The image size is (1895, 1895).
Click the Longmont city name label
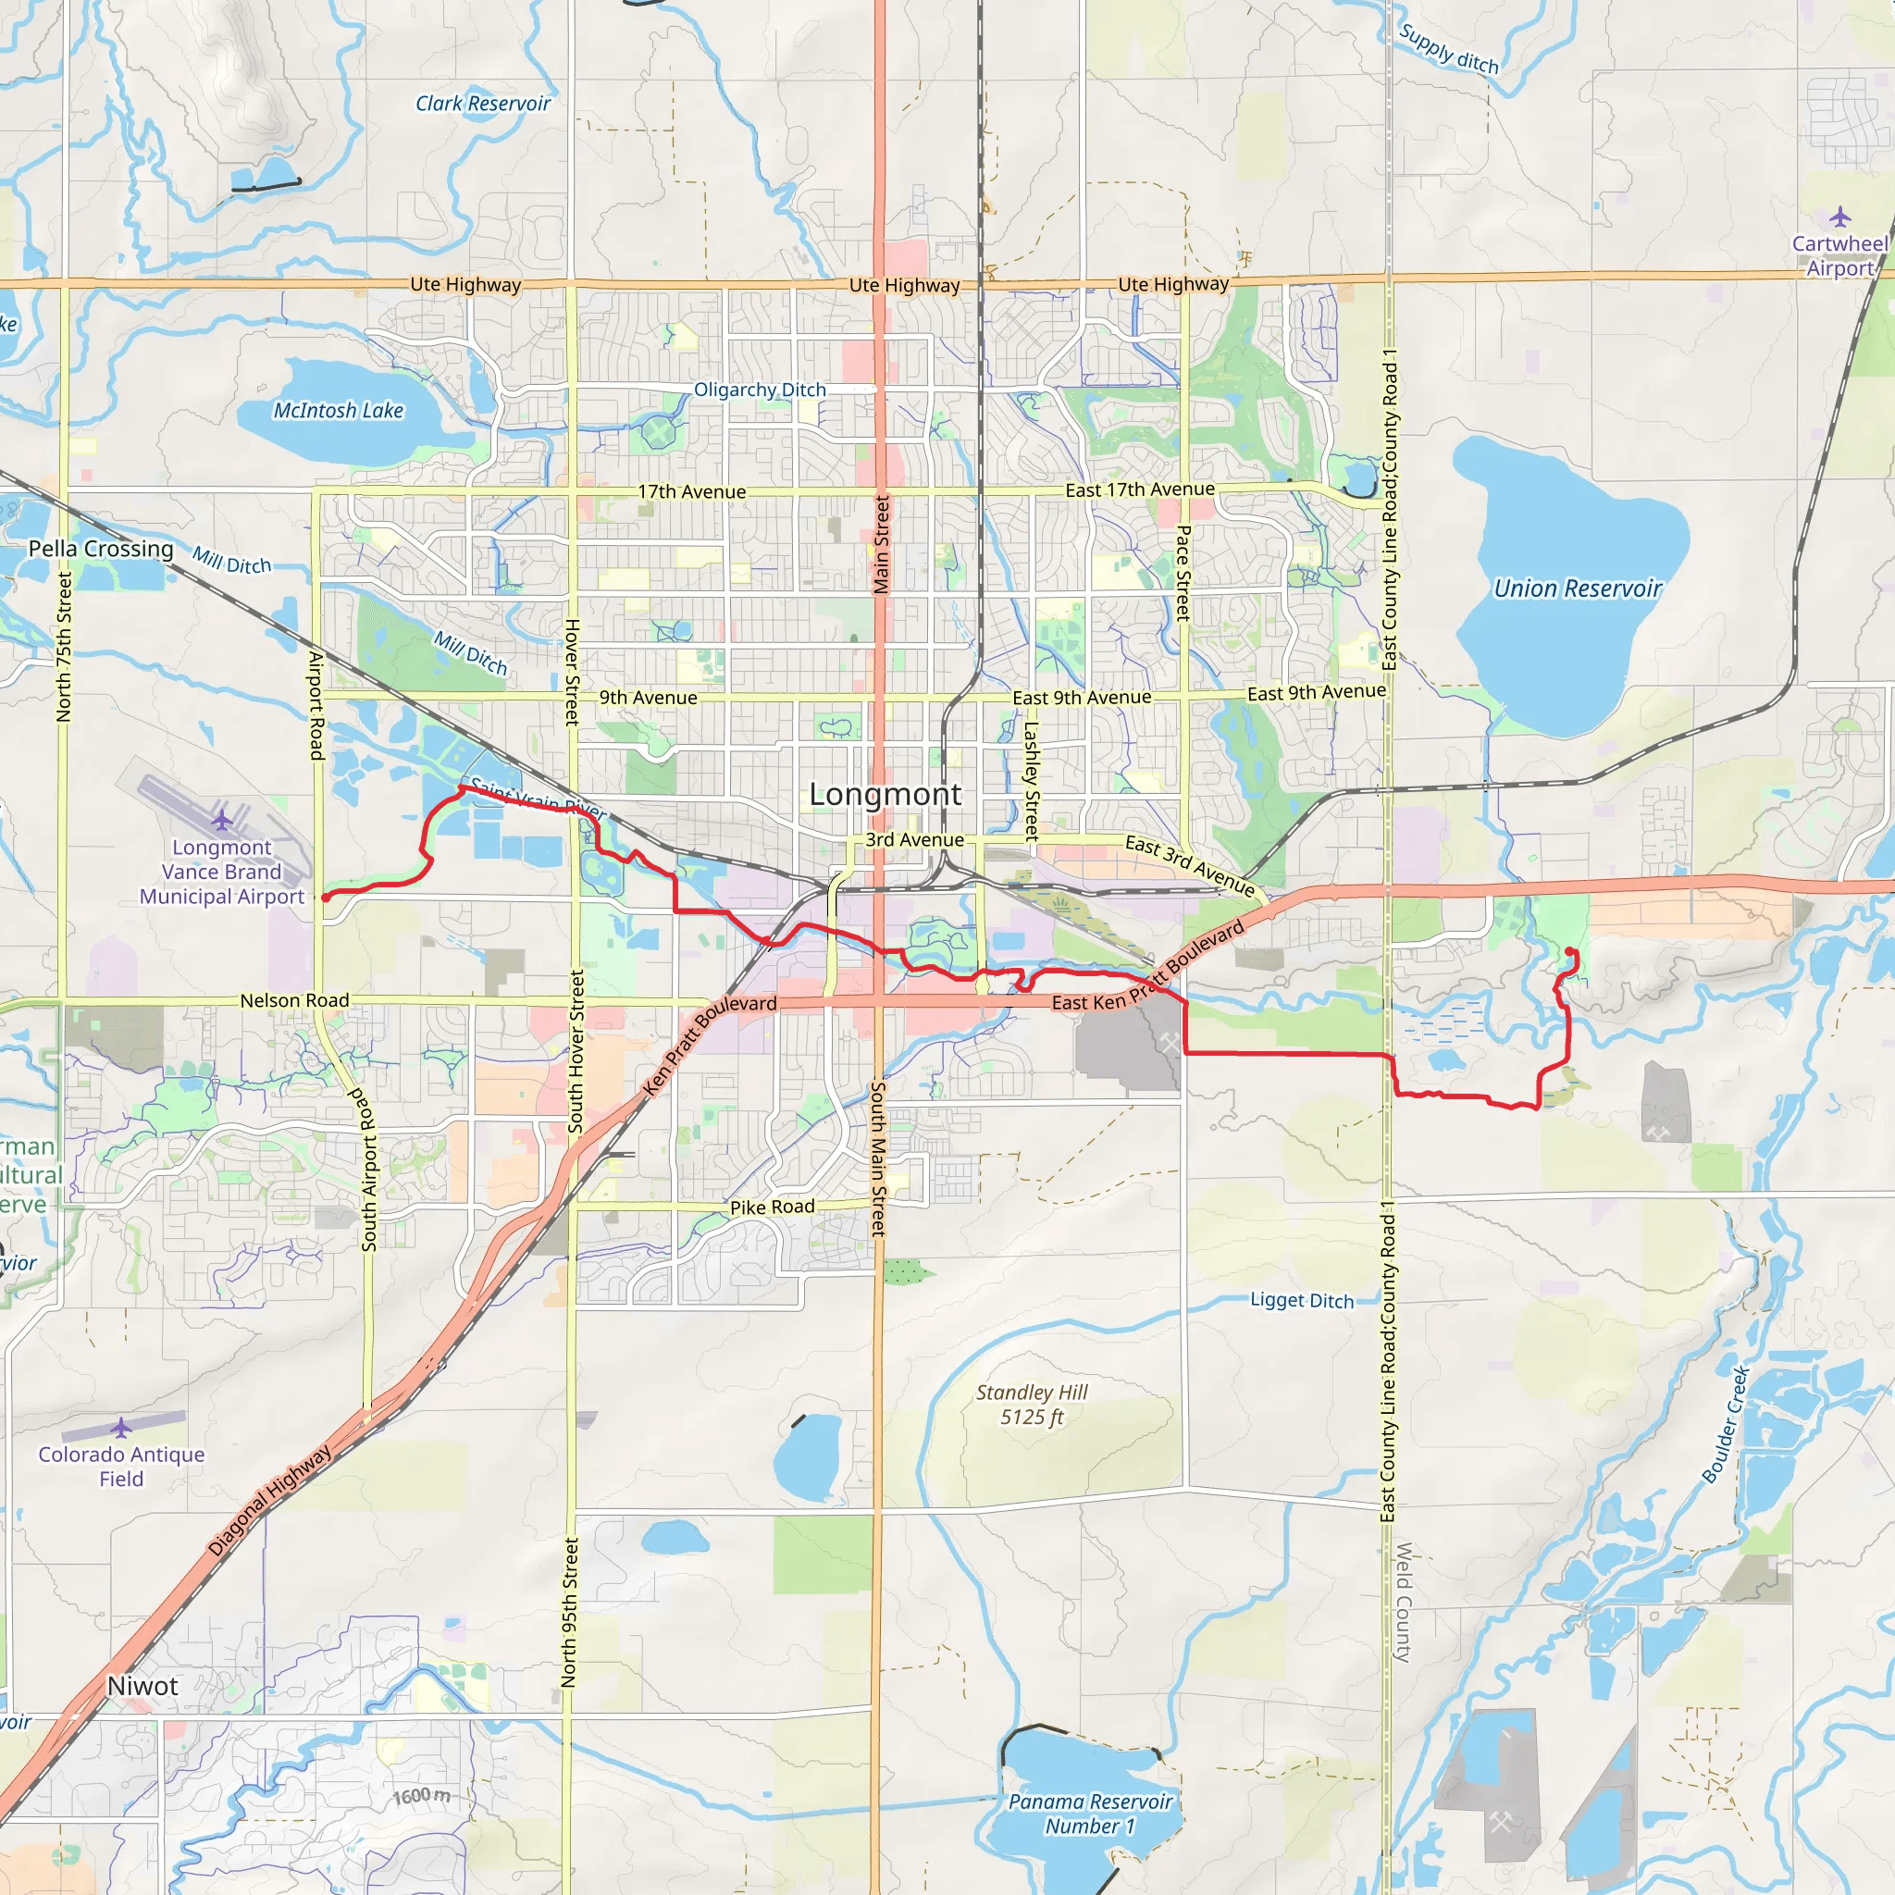pyautogui.click(x=885, y=795)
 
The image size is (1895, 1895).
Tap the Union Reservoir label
pyautogui.click(x=1578, y=588)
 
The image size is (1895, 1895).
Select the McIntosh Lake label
pyautogui.click(x=339, y=411)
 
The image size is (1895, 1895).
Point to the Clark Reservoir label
pyautogui.click(x=483, y=104)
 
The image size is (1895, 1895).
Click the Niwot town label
pyautogui.click(x=142, y=1686)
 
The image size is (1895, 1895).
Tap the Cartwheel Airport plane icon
pyautogui.click(x=1840, y=217)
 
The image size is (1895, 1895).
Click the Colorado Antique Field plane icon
pyautogui.click(x=120, y=1427)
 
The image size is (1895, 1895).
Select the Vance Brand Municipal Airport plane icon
pyautogui.click(x=222, y=819)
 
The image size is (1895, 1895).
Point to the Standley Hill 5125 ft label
pyautogui.click(x=1031, y=1405)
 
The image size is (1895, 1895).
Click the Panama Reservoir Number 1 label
pyautogui.click(x=1090, y=1814)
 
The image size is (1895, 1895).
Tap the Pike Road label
pyautogui.click(x=772, y=1208)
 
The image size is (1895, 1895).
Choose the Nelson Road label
pyautogui.click(x=294, y=1000)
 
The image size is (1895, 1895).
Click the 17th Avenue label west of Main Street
pyautogui.click(x=691, y=492)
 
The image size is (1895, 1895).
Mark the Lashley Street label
pyautogui.click(x=1031, y=782)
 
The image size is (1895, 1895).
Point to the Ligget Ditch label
pyautogui.click(x=1302, y=1301)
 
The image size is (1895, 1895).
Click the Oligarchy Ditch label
pyautogui.click(x=761, y=390)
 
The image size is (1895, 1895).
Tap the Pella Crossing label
pyautogui.click(x=100, y=550)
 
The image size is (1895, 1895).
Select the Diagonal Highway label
pyautogui.click(x=270, y=1501)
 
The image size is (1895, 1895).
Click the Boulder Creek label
pyautogui.click(x=1727, y=1425)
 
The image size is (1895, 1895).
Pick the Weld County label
pyautogui.click(x=1404, y=1602)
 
